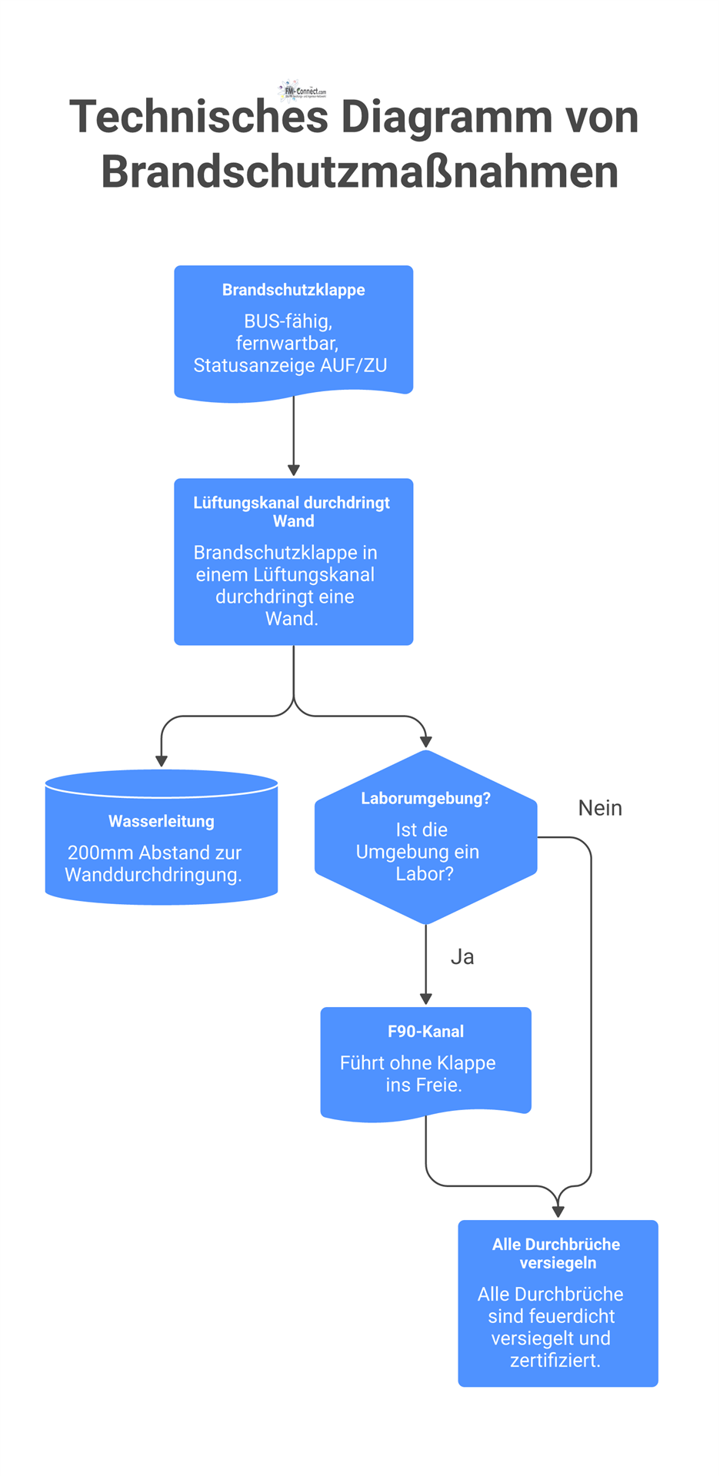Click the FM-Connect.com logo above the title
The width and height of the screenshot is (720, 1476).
(302, 91)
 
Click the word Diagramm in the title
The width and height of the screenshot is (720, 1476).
(446, 118)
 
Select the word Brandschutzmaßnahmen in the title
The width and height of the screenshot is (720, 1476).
(359, 171)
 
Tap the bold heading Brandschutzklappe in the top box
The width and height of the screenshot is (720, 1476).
(293, 290)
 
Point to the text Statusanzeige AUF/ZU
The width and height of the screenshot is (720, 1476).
(290, 365)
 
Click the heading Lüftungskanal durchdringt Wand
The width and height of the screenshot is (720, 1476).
(292, 511)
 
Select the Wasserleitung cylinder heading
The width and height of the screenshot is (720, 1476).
(161, 821)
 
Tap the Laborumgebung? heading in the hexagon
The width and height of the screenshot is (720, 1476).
(425, 798)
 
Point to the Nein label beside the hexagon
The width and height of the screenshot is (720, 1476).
(600, 808)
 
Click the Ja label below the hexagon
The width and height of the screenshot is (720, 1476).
(462, 957)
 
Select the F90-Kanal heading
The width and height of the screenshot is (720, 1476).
(425, 1032)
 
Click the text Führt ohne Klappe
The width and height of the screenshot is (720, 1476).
(418, 1063)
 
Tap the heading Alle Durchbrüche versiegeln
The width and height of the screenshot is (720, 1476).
(557, 1253)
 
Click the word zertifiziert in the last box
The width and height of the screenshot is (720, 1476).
(553, 1360)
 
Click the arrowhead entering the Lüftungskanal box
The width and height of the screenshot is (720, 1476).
(293, 470)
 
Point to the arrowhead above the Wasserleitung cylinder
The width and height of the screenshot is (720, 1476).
(161, 760)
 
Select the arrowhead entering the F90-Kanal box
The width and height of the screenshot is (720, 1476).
(425, 998)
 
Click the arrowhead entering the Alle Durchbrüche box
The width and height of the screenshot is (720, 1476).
(558, 1211)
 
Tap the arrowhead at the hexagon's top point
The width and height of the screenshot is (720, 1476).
(425, 742)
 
